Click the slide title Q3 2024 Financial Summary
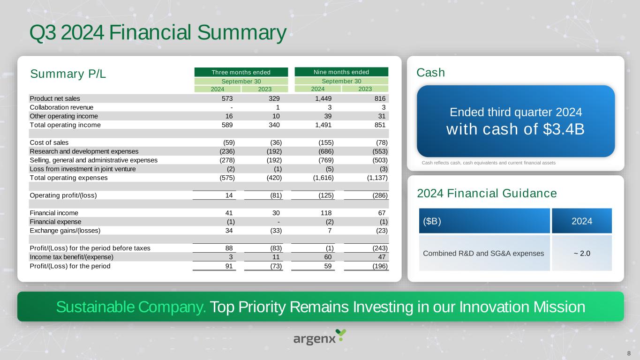[158, 32]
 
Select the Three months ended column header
[241, 72]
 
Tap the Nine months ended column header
[341, 72]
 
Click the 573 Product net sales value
[227, 98]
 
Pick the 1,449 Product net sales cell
[324, 98]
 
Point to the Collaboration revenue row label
[61, 107]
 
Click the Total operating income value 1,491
[324, 125]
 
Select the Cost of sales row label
[49, 142]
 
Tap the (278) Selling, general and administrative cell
[227, 160]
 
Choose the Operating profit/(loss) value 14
[229, 195]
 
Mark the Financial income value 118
[326, 213]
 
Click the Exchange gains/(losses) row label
[65, 231]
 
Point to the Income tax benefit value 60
[328, 257]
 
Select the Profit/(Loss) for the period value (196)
[380, 266]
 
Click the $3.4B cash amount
[564, 129]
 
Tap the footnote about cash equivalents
[489, 163]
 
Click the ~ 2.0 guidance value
[582, 254]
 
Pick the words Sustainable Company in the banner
[131, 307]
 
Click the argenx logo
[319, 337]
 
